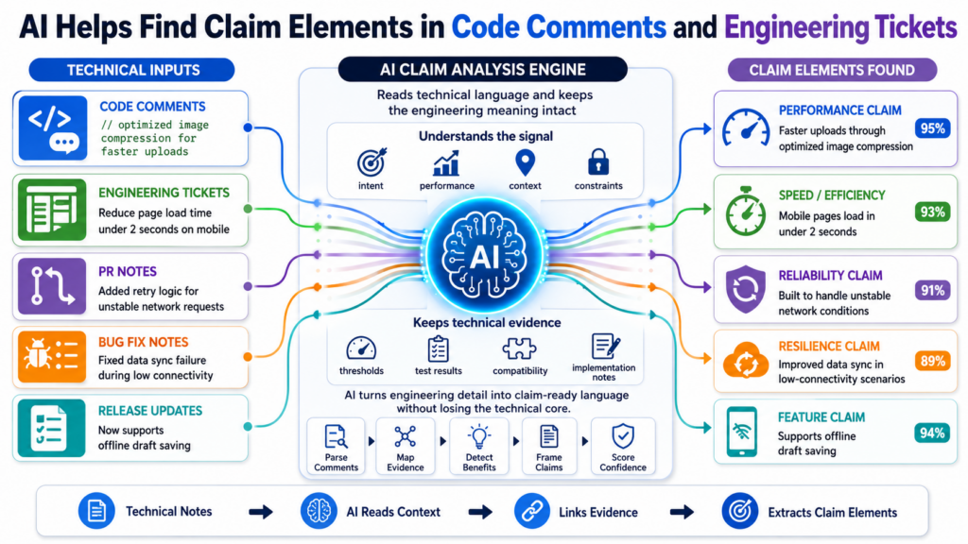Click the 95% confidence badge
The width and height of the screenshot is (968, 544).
(932, 128)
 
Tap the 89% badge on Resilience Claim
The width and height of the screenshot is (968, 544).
(932, 361)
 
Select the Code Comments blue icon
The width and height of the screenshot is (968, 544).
(53, 128)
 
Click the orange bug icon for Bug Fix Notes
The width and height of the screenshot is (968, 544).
(52, 357)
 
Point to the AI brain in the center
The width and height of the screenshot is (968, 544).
(485, 255)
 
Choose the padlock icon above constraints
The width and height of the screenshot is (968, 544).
(598, 162)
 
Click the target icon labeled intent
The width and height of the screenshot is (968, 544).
(372, 162)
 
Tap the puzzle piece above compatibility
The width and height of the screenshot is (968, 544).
(519, 348)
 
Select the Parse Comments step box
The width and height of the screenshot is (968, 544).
(336, 446)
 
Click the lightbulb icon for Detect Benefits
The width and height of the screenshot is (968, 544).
(479, 436)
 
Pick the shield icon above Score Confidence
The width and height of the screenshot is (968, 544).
(623, 436)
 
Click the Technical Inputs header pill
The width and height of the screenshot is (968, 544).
(132, 70)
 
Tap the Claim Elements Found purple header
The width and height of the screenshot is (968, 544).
(832, 70)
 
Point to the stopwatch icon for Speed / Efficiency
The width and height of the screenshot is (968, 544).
(746, 212)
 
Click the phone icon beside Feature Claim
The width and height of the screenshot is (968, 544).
(742, 432)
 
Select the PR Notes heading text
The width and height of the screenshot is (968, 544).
(128, 271)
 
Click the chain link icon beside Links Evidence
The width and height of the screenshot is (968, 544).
(532, 511)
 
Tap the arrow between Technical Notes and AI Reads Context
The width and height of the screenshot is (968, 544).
(261, 512)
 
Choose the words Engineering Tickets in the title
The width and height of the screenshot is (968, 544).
(840, 27)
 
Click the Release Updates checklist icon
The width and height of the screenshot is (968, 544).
(51, 428)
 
